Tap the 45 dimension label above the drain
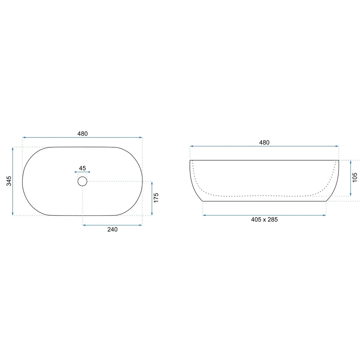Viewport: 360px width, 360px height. click(82, 168)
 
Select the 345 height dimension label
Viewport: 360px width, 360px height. click(9, 181)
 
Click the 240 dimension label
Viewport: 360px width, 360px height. click(112, 229)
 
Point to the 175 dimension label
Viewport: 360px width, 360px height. click(156, 198)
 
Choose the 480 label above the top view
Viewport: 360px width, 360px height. click(82, 134)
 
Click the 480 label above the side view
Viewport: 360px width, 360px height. click(264, 142)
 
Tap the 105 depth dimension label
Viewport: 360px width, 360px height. click(355, 178)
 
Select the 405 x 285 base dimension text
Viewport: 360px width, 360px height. click(264, 219)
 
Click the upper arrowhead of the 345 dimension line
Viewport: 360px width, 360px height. click(13, 149)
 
